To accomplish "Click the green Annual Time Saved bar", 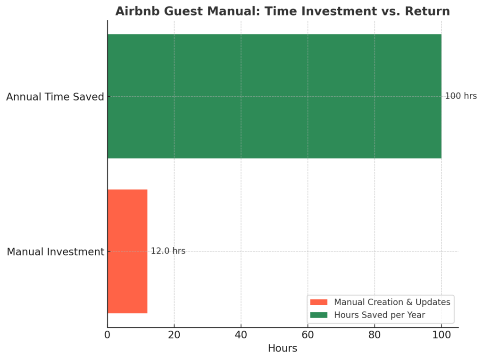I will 274,96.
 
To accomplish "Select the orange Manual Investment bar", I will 127,251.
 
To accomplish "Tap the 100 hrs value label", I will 461,96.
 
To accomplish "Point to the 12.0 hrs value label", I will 168,251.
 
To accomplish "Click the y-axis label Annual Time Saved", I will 55,97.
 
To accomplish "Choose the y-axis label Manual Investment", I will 55,252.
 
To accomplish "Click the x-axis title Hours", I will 283,349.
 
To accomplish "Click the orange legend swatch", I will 319,302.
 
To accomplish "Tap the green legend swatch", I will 319,315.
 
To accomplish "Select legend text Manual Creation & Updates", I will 392,302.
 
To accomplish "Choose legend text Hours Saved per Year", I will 379,315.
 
